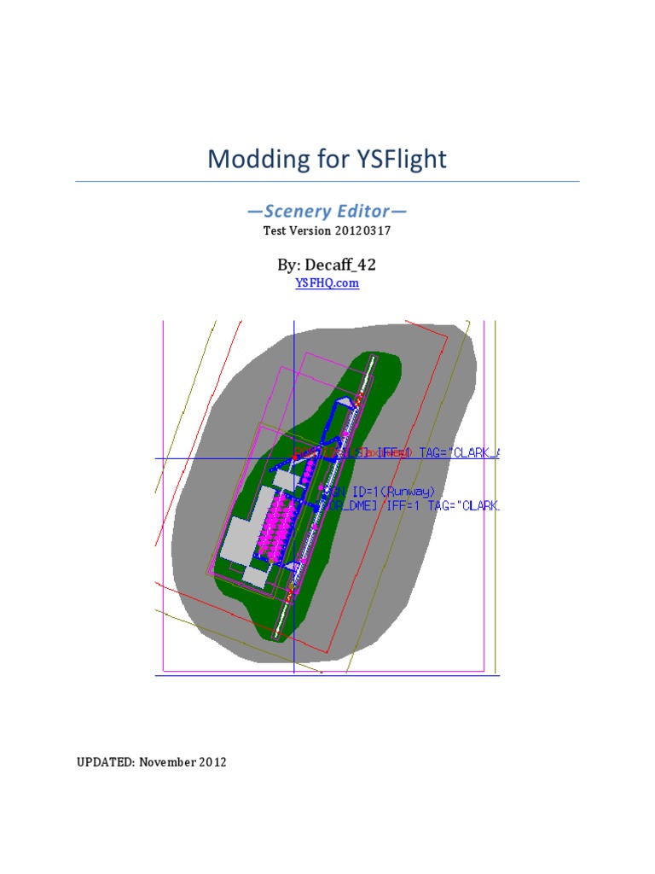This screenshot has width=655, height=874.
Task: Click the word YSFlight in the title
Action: [399, 160]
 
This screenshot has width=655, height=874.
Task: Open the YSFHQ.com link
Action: [327, 283]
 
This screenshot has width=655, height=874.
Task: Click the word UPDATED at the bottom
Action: [104, 762]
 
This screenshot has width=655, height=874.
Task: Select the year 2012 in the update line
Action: [213, 762]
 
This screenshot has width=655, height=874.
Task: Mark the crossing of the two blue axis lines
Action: [293, 458]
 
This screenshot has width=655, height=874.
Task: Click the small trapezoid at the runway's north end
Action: [343, 400]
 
